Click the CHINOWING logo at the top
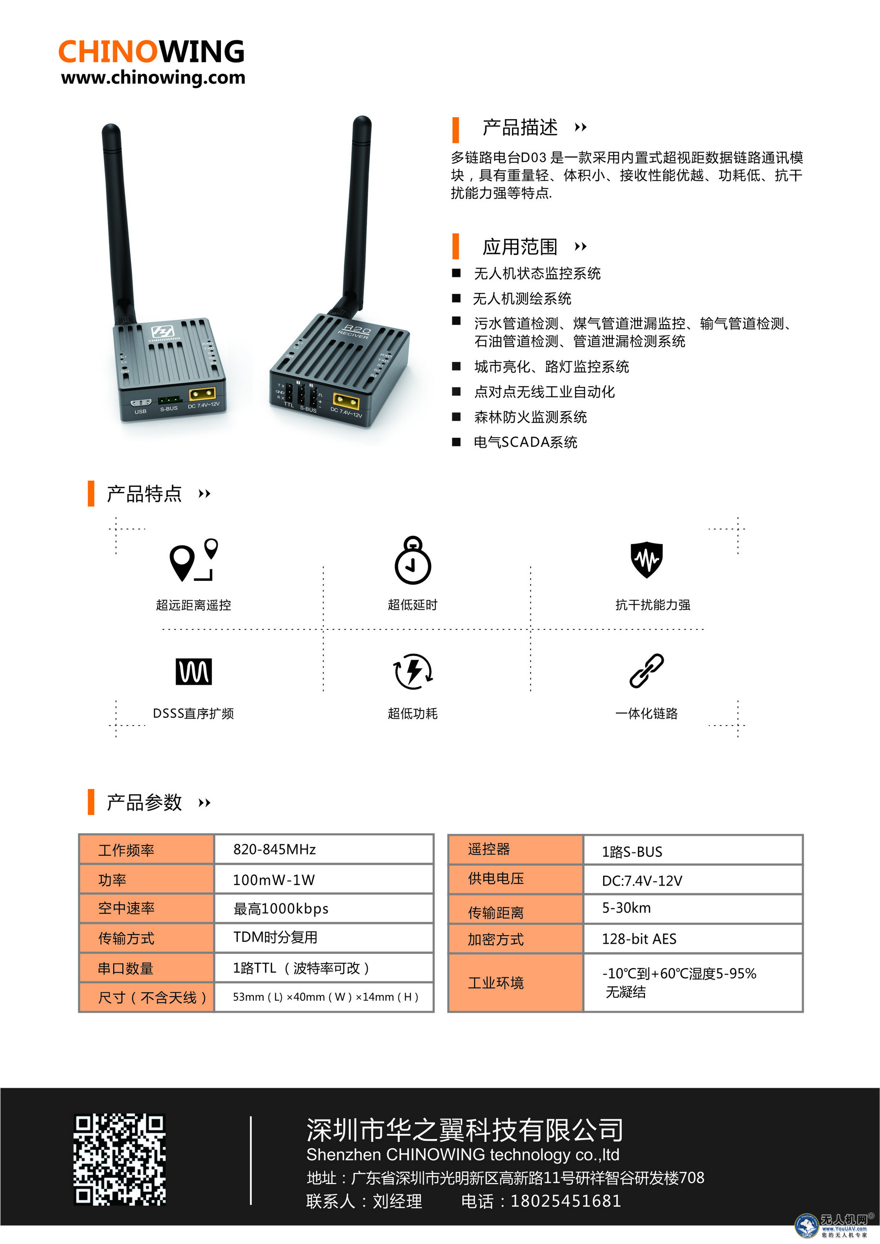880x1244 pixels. [x=151, y=52]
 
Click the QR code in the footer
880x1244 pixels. [x=120, y=1160]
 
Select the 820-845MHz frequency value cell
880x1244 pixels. [x=324, y=849]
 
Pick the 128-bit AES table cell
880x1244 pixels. [x=693, y=939]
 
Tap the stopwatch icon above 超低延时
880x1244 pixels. [x=413, y=560]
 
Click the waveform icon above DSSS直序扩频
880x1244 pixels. [x=193, y=672]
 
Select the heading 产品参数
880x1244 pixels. [x=144, y=803]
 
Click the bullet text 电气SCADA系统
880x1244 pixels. [x=526, y=442]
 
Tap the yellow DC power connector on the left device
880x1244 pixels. [x=203, y=394]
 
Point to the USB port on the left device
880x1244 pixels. [x=141, y=402]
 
